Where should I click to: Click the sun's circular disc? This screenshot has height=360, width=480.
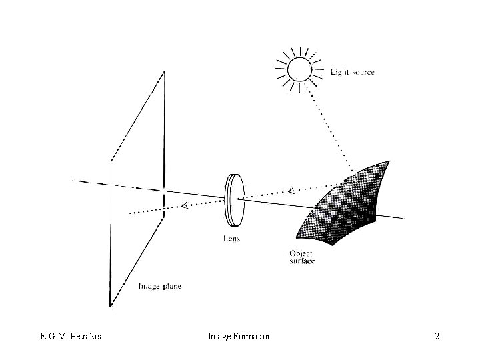click(x=299, y=69)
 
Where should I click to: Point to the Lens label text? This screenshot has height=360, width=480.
click(x=231, y=238)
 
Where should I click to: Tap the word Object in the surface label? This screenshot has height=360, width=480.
click(x=301, y=253)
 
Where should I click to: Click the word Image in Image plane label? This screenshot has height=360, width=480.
click(x=149, y=287)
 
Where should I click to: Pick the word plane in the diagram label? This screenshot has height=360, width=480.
click(x=171, y=287)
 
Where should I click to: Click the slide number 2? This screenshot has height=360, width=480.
click(x=437, y=337)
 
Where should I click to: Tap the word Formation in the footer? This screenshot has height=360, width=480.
click(x=252, y=337)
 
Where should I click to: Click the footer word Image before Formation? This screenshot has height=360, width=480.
click(x=219, y=337)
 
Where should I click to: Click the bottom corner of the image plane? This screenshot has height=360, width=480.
click(x=110, y=305)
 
